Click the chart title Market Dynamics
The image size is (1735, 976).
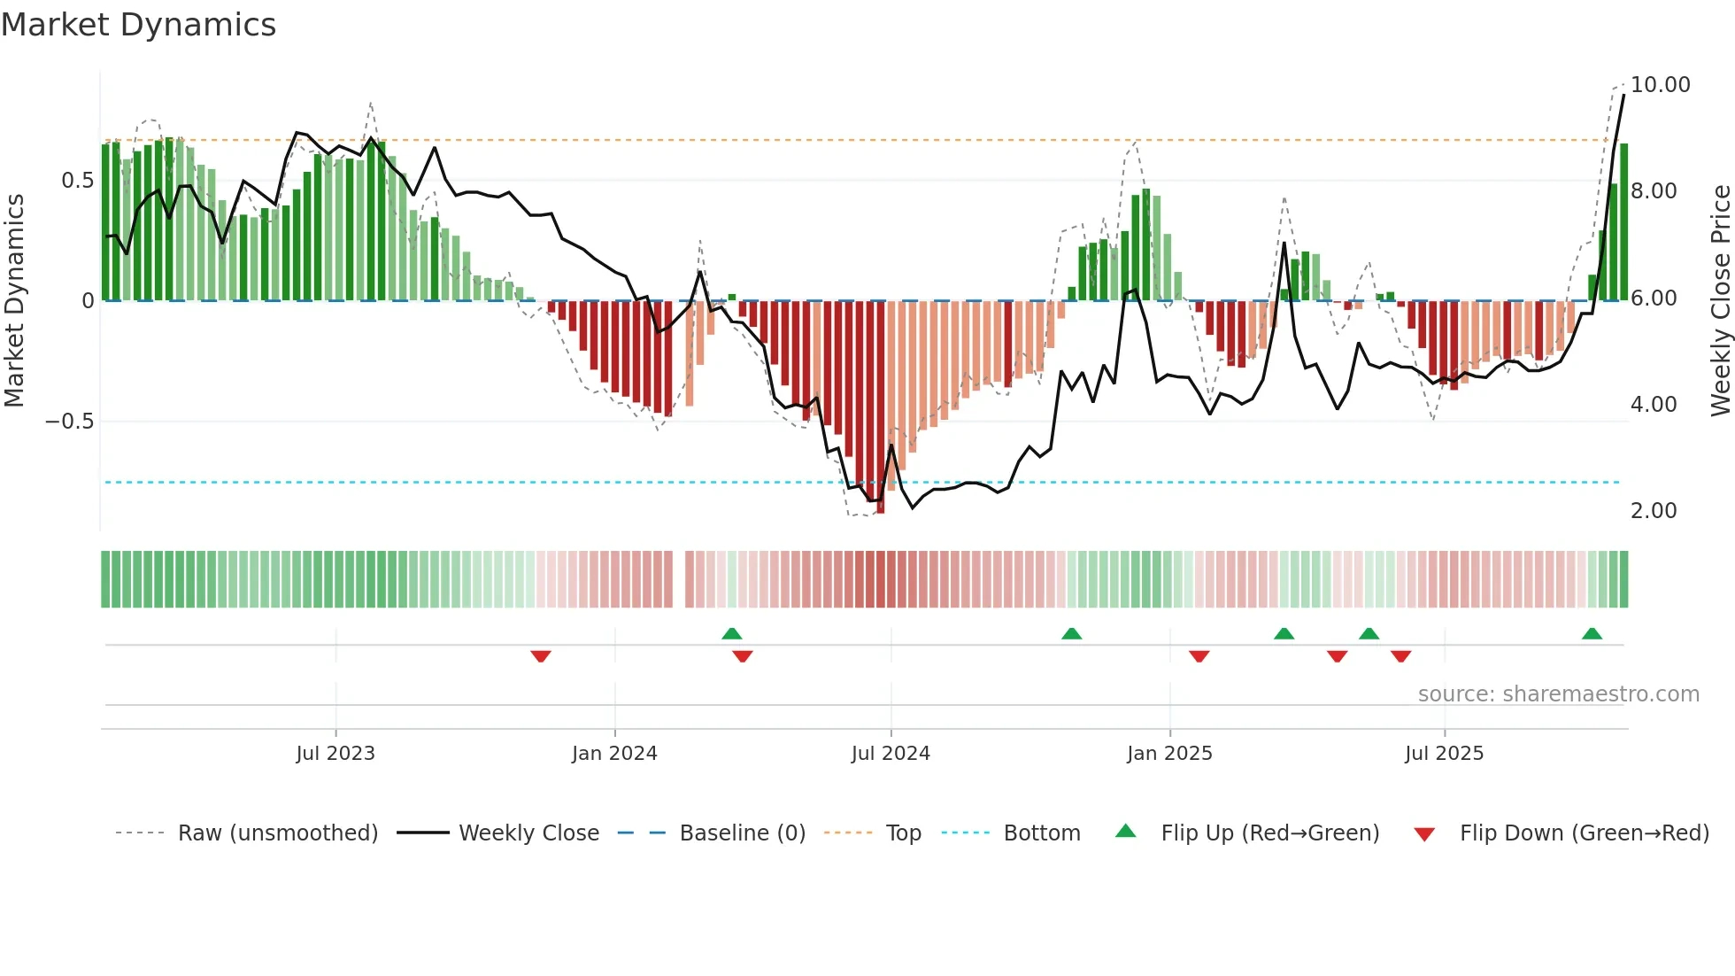point(138,25)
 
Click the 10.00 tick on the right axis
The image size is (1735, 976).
point(1660,85)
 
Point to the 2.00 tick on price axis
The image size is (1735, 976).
point(1653,511)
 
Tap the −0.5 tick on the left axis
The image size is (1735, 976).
point(69,422)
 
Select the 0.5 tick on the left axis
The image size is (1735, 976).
point(77,181)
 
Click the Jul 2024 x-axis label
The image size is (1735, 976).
point(890,754)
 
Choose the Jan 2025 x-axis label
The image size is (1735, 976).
point(1168,754)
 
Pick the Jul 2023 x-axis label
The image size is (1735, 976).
point(335,754)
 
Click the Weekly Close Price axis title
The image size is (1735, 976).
point(1720,301)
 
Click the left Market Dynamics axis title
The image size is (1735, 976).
point(14,301)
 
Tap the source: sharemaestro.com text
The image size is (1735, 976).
point(1558,694)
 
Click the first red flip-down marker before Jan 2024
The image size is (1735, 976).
point(541,656)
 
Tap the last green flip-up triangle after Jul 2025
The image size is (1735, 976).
point(1592,633)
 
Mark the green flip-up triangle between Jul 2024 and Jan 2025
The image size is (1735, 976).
point(1071,633)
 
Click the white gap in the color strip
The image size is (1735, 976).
point(679,579)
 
